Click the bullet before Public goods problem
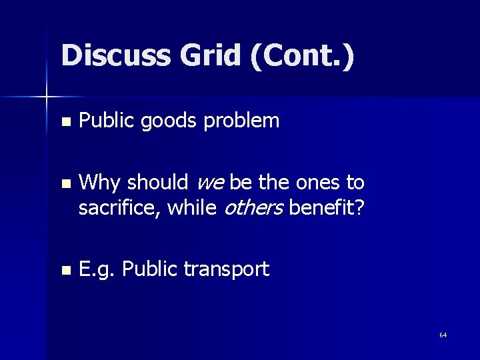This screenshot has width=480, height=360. tap(64, 122)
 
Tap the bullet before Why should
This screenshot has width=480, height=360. tap(64, 182)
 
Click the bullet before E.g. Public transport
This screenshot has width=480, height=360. tap(64, 271)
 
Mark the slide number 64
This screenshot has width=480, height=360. tap(443, 335)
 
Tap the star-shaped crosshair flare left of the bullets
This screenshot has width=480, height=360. tap(47, 98)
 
